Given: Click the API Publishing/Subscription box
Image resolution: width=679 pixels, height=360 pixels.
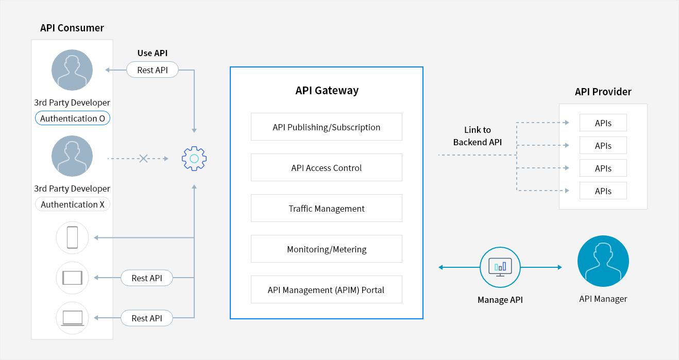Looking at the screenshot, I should coord(326,127).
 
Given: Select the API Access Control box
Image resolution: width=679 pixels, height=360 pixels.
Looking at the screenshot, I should coord(326,168).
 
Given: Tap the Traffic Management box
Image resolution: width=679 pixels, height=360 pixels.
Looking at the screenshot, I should coord(326,209).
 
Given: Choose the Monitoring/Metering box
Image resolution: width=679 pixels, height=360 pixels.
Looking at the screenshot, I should coord(326,249).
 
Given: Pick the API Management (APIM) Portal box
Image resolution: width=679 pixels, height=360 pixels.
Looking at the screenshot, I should coord(326,290).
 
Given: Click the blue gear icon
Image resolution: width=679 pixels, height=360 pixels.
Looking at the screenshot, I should coord(194,159).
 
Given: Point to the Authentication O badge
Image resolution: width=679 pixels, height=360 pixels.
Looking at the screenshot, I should coord(72,118).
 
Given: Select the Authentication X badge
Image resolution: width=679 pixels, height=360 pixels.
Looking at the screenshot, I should coord(72,204).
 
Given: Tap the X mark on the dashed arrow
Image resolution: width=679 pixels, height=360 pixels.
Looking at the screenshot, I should coord(144,159).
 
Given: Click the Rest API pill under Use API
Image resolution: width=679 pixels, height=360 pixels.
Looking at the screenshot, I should coord(152,70).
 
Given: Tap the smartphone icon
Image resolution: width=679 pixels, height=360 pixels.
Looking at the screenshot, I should coord(72,237).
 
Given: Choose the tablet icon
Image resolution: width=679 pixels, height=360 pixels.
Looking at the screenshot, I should coord(72,278).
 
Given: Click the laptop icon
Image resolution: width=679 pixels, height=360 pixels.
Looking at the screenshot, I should coord(72,318).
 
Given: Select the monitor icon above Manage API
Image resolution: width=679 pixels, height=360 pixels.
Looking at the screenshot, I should coord(500,267).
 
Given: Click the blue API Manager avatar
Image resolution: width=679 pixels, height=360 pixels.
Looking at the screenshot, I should coord(603,262).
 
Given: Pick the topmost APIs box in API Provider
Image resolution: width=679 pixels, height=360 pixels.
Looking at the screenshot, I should coord(603,123).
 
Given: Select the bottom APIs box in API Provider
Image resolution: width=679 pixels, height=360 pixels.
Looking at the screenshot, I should coord(603,191).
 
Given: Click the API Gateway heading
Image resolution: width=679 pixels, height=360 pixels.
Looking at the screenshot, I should coord(327,91).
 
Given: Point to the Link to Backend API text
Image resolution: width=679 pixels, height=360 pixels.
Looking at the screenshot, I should coord(477,136).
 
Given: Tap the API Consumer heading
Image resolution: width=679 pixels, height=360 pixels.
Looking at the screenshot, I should coord(72,28).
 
